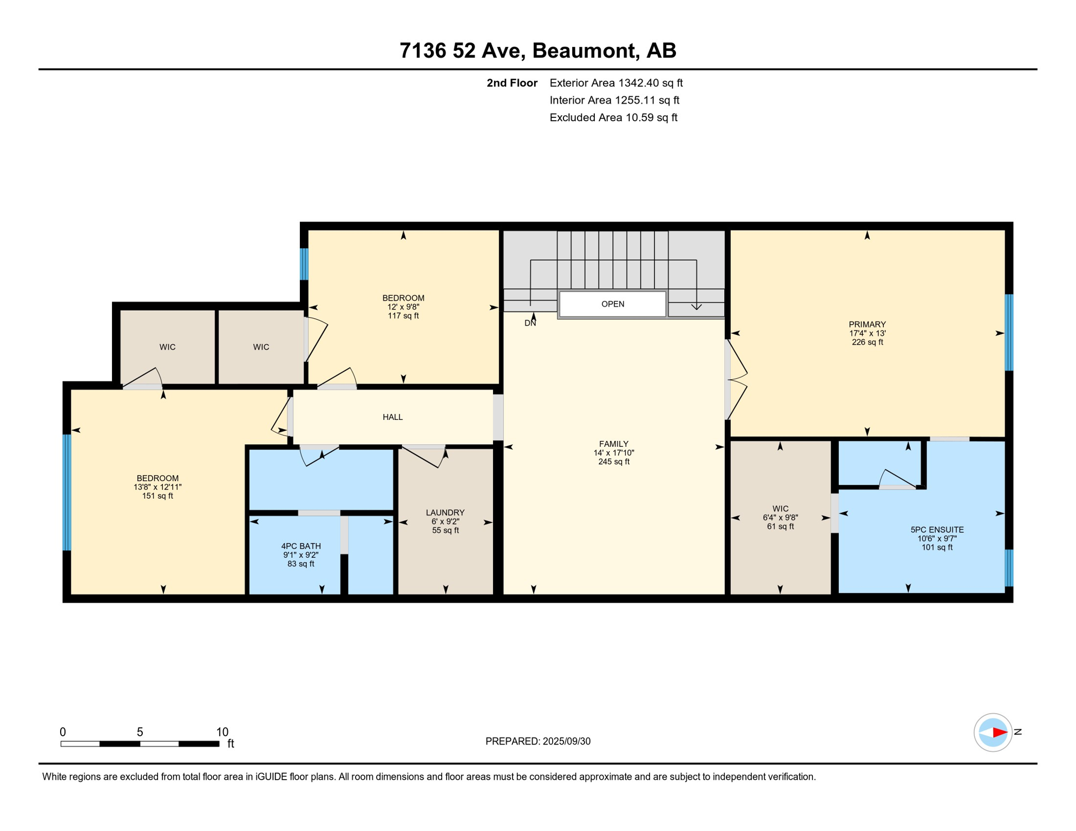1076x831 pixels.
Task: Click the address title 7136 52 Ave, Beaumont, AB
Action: (537, 50)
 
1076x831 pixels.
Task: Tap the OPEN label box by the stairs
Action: (613, 304)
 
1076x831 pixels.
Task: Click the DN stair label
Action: (530, 323)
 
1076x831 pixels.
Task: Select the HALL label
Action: (392, 417)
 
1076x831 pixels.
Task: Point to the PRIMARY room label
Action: (867, 325)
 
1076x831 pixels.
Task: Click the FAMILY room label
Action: (614, 444)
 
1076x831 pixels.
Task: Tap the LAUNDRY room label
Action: (445, 513)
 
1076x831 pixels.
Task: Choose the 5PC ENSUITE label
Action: (937, 530)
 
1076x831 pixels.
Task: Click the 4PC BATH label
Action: (301, 546)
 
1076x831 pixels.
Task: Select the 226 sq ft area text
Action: (867, 342)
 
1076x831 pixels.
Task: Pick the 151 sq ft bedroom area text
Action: (158, 496)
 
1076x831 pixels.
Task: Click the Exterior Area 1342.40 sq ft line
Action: (616, 83)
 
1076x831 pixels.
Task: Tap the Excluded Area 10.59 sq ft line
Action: (613, 117)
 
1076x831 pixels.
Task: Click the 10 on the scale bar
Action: (222, 732)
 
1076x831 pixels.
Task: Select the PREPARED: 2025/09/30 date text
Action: (537, 741)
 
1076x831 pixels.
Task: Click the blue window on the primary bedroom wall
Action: (1009, 332)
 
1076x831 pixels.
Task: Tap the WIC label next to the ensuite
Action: (780, 509)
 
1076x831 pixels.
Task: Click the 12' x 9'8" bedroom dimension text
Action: (403, 307)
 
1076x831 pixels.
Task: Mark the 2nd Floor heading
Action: (512, 83)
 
